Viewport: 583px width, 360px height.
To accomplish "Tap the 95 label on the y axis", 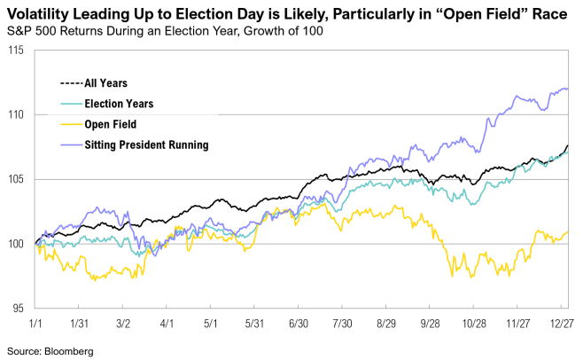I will tap(18, 309).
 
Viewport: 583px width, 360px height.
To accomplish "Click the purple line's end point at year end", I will tap(567, 89).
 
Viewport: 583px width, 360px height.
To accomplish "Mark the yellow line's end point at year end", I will tap(567, 232).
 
